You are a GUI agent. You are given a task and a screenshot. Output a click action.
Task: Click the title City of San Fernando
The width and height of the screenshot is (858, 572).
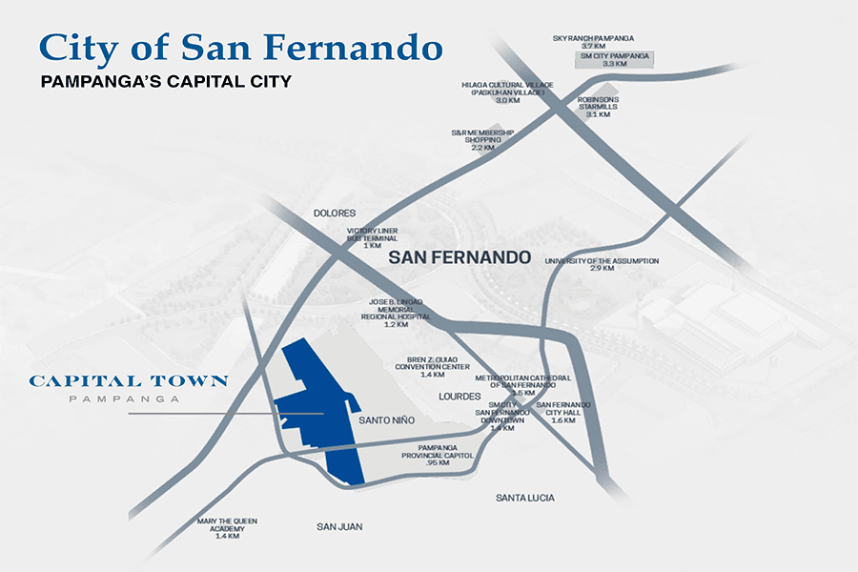[x=239, y=47]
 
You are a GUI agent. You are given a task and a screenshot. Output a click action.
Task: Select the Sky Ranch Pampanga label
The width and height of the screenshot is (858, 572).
[x=594, y=42]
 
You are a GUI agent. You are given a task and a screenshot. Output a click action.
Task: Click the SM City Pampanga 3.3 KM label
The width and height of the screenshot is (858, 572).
[x=615, y=60]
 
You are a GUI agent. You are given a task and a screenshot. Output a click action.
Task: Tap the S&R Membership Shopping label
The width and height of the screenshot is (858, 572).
[x=482, y=140]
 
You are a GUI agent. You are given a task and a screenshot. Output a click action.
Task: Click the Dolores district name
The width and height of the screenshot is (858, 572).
[x=334, y=214]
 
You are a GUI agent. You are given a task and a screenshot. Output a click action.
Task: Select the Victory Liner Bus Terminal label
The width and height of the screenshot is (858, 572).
[x=372, y=238]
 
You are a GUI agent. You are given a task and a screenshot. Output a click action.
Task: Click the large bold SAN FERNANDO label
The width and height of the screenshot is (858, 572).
[x=459, y=257]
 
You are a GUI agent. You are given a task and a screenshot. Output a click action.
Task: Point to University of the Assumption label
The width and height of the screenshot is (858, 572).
[x=602, y=264]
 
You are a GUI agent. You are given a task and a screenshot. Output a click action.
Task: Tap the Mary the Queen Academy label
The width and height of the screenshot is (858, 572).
[x=227, y=528]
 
